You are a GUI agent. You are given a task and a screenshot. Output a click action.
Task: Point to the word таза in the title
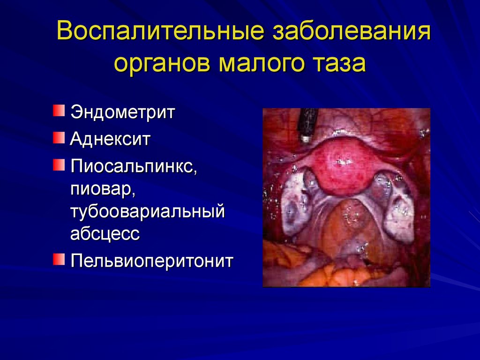pyautogui.click(x=341, y=63)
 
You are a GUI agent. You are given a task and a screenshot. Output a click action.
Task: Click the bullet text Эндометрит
pyautogui.click(x=122, y=113)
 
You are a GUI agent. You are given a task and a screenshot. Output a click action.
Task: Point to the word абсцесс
pyautogui.click(x=105, y=233)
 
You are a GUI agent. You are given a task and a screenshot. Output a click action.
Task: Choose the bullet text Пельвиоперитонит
pyautogui.click(x=151, y=260)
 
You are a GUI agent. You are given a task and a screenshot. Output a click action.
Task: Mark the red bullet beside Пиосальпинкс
pyautogui.click(x=58, y=165)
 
